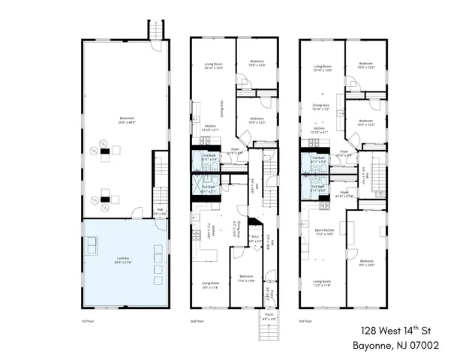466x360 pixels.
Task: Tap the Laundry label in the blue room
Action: tap(122, 260)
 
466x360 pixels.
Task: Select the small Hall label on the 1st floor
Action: tap(160, 212)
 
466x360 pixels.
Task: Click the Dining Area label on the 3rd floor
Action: tap(321, 107)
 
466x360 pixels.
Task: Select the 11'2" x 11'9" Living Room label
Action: tap(322, 283)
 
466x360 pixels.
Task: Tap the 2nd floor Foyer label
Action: tap(235, 150)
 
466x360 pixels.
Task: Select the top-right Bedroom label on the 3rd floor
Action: tap(366, 65)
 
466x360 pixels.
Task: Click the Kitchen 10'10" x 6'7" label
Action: tap(212, 128)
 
